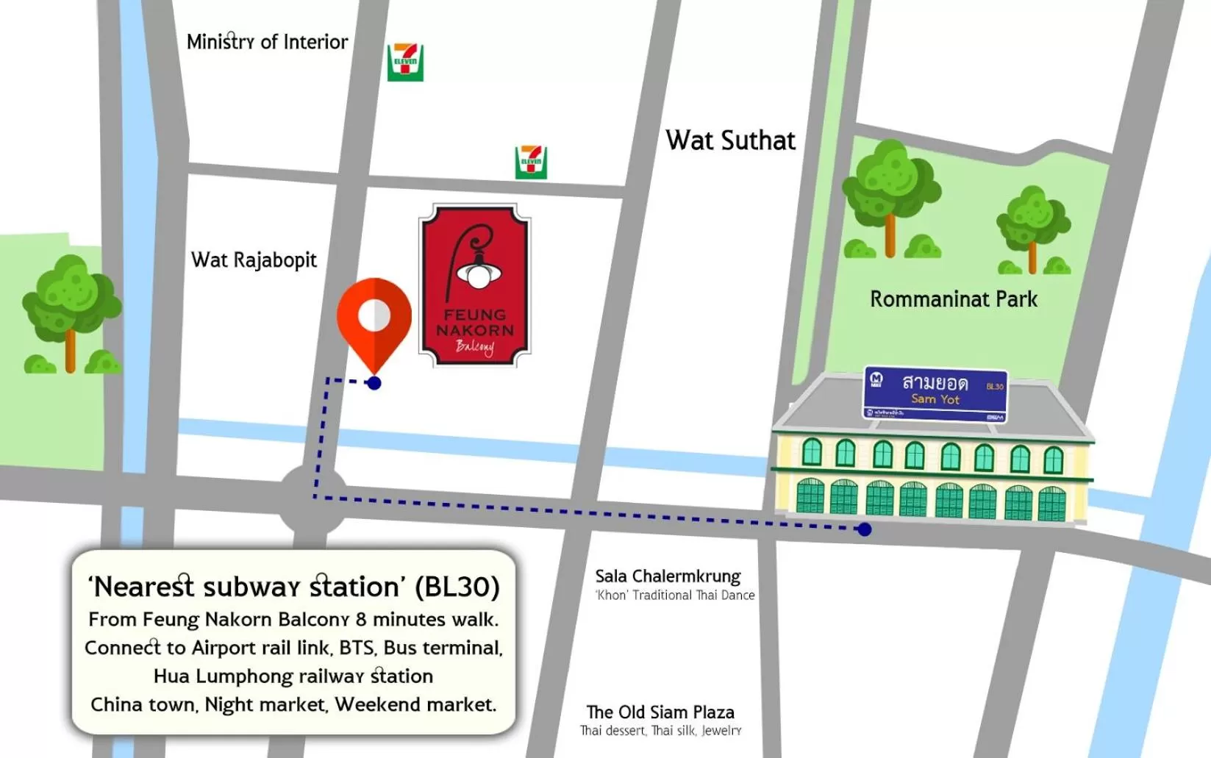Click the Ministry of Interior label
pyautogui.click(x=267, y=42)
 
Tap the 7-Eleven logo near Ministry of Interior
pyautogui.click(x=405, y=62)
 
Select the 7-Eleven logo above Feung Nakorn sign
pyautogui.click(x=531, y=162)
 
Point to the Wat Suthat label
pyautogui.click(x=730, y=140)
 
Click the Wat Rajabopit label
pyautogui.click(x=254, y=260)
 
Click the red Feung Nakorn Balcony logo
pyautogui.click(x=475, y=285)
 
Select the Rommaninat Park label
pyautogui.click(x=954, y=299)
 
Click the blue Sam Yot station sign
pyautogui.click(x=935, y=394)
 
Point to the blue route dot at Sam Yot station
pyautogui.click(x=865, y=529)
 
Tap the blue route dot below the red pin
pyautogui.click(x=374, y=383)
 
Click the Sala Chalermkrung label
pyautogui.click(x=668, y=576)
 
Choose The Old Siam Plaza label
pyautogui.click(x=660, y=712)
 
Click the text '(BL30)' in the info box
pyautogui.click(x=457, y=587)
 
